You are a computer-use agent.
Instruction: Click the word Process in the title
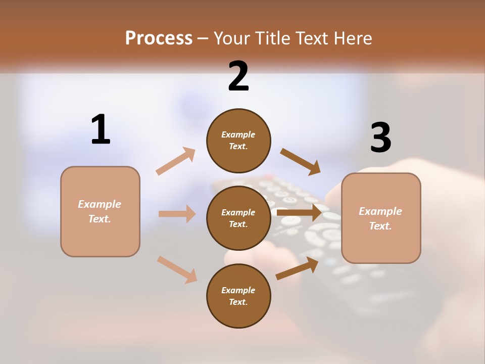[x=159, y=38]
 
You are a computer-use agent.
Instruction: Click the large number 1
[x=101, y=130]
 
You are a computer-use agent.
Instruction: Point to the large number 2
[x=238, y=76]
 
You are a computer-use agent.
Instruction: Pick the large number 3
[x=380, y=138]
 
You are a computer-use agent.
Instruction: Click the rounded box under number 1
[x=100, y=211]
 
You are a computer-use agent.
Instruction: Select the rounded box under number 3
[x=381, y=218]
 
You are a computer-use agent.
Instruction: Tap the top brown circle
[x=238, y=140]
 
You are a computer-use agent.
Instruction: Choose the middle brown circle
[x=238, y=218]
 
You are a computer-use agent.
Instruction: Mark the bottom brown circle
[x=238, y=296]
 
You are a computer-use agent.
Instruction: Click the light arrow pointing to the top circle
[x=176, y=161]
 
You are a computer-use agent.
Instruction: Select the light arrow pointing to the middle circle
[x=177, y=214]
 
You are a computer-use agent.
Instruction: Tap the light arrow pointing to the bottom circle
[x=177, y=269]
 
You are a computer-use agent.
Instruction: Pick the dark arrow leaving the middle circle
[x=299, y=213]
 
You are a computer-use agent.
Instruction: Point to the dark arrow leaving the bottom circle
[x=297, y=268]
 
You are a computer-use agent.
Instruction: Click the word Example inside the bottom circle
[x=238, y=290]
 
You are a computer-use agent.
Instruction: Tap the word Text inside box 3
[x=380, y=226]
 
